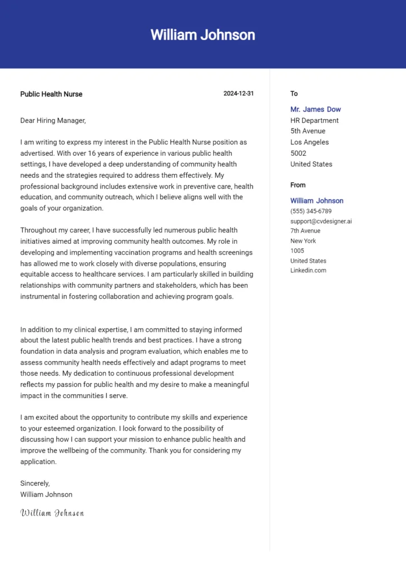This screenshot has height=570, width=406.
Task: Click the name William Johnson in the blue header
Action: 202,35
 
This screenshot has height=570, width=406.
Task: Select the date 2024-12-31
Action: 239,94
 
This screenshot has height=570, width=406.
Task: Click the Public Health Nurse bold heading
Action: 51,94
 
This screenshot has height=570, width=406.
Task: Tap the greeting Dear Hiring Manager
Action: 53,120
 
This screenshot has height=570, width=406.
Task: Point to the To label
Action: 294,94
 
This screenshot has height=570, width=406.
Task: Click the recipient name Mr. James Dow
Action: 315,110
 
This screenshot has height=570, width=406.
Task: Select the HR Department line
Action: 314,120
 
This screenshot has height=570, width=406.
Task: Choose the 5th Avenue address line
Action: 308,131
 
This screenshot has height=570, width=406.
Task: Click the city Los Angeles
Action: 309,142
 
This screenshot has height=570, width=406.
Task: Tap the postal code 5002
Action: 299,153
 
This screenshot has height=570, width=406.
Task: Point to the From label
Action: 298,185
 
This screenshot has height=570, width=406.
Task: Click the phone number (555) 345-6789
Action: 311,211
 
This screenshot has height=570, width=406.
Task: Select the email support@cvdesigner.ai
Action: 321,221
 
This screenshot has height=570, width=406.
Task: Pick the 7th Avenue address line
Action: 305,230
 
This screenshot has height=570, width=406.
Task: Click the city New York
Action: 303,240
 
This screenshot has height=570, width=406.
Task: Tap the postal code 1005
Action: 298,250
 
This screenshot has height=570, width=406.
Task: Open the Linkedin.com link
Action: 308,271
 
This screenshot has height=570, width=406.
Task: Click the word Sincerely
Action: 35,483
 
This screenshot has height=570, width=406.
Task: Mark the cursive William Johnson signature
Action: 52,513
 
